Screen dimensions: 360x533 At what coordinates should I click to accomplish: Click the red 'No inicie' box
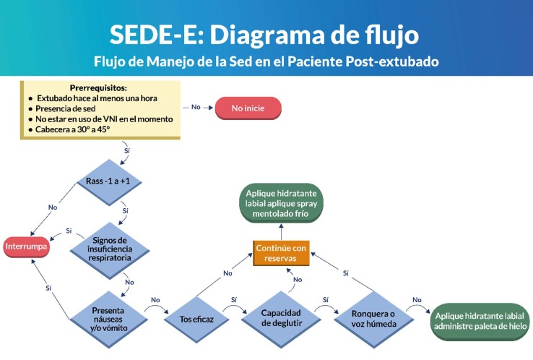click(248, 108)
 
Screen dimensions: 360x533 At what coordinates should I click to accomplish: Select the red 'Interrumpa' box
click(27, 246)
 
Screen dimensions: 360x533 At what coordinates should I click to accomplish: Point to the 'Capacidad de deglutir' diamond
click(280, 319)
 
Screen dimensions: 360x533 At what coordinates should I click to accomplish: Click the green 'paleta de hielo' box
click(480, 320)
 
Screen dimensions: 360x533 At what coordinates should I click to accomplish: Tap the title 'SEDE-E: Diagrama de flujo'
click(264, 34)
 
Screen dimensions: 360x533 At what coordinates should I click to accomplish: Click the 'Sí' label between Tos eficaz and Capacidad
click(235, 299)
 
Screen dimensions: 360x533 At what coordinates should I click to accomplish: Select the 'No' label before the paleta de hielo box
click(417, 300)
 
